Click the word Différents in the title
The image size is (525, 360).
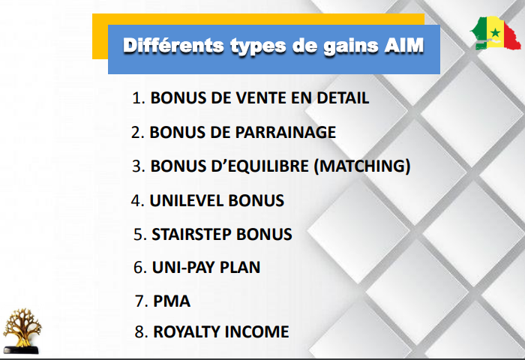pyautogui.click(x=173, y=46)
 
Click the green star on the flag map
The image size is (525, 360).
pyautogui.click(x=495, y=33)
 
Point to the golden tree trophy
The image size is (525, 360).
pyautogui.click(x=22, y=331)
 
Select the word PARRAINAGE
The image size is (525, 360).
pyautogui.click(x=286, y=132)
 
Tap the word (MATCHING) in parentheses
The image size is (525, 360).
pyautogui.click(x=362, y=166)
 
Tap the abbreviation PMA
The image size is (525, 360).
pyautogui.click(x=172, y=301)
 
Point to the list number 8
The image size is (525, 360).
pyautogui.click(x=141, y=331)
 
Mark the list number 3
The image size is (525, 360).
pyautogui.click(x=138, y=166)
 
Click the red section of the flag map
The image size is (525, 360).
pyautogui.click(x=512, y=37)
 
